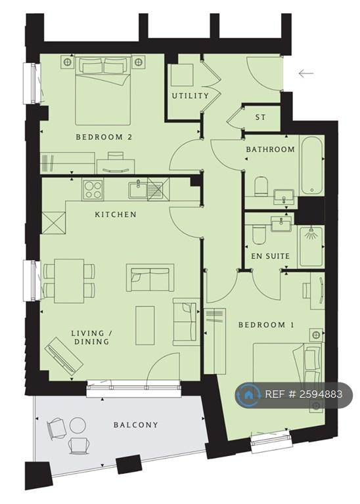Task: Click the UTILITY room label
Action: (x=190, y=96)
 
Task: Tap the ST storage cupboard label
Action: (x=261, y=117)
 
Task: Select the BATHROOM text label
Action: (x=270, y=149)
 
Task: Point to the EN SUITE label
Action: (x=270, y=256)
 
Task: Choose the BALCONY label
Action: (x=136, y=425)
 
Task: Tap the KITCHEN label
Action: (x=116, y=215)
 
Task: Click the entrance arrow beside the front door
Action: (x=306, y=73)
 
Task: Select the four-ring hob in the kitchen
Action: (x=93, y=189)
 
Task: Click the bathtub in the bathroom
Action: (x=312, y=165)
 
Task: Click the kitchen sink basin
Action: (x=139, y=190)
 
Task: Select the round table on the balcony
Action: (x=78, y=425)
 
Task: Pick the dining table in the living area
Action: (x=69, y=281)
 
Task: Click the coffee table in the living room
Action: (x=145, y=325)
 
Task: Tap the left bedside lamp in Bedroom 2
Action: (x=67, y=62)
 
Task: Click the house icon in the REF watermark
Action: (x=248, y=394)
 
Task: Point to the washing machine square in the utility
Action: (x=182, y=75)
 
